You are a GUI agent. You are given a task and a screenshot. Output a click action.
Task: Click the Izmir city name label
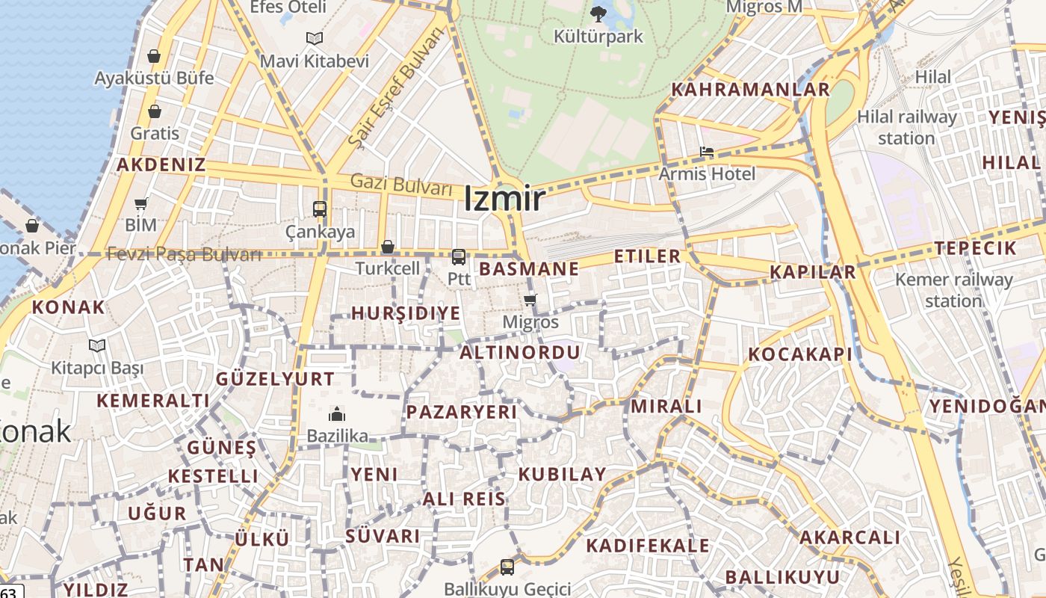pos(504,199)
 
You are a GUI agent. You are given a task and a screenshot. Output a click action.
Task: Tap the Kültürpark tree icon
pos(598,13)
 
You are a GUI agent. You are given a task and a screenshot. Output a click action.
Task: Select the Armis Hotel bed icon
pos(706,152)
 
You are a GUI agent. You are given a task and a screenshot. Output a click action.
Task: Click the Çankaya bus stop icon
pos(320,209)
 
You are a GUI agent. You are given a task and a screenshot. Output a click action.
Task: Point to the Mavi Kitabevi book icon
pos(315,38)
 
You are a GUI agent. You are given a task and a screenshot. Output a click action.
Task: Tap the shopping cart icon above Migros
pos(530,300)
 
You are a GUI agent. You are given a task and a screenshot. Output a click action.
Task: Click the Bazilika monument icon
pos(337,414)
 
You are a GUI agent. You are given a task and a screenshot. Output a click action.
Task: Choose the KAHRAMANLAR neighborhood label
pos(750,90)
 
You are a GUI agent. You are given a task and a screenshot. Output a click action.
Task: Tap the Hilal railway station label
pos(906,127)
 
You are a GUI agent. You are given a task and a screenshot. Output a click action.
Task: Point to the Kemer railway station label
pos(953,290)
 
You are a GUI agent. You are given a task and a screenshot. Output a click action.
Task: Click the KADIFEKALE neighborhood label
pos(647,546)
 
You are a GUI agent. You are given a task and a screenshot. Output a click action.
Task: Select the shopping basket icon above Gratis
pos(155,111)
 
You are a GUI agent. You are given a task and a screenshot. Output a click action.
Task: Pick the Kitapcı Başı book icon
pos(97,345)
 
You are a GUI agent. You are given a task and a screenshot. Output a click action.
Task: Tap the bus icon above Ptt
pos(459,257)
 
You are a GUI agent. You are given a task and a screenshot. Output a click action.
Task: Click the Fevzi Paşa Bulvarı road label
pos(184,254)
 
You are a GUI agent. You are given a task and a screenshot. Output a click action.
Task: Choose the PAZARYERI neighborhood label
pos(461,412)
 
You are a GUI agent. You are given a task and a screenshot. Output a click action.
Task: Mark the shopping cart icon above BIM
pos(140,203)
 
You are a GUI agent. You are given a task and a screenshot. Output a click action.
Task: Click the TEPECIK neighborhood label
pos(975,249)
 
